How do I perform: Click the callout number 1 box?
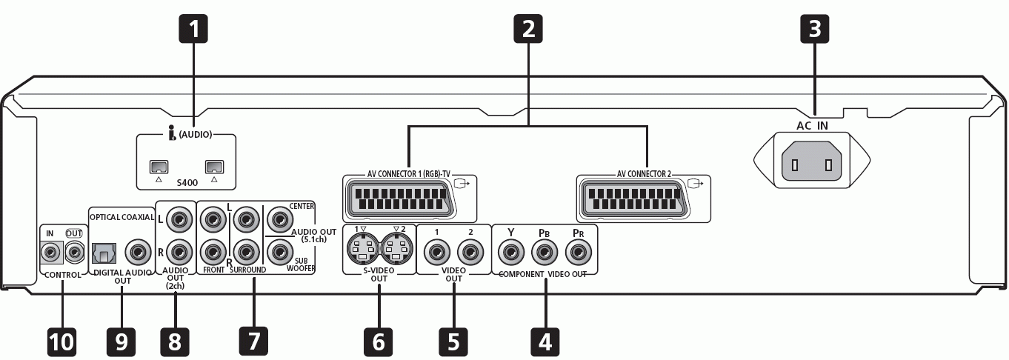pos(193,29)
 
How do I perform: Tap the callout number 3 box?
pos(814,29)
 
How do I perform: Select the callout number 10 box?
pos(61,342)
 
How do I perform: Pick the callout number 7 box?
pos(253,341)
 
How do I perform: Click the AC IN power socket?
pos(812,161)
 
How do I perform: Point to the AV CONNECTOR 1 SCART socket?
pos(399,199)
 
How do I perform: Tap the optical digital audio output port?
pos(104,253)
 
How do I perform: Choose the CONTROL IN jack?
pos(51,253)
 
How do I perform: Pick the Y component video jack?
pos(511,252)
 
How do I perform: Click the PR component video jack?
pos(578,252)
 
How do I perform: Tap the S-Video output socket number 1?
pos(363,249)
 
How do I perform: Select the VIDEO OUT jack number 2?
pos(470,252)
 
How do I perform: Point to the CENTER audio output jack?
pos(280,219)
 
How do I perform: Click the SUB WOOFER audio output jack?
pos(280,252)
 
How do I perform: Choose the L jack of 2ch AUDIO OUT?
pos(179,219)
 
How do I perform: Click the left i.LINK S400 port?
pos(159,167)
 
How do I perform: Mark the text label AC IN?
pos(812,126)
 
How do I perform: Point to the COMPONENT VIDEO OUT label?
pos(543,274)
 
